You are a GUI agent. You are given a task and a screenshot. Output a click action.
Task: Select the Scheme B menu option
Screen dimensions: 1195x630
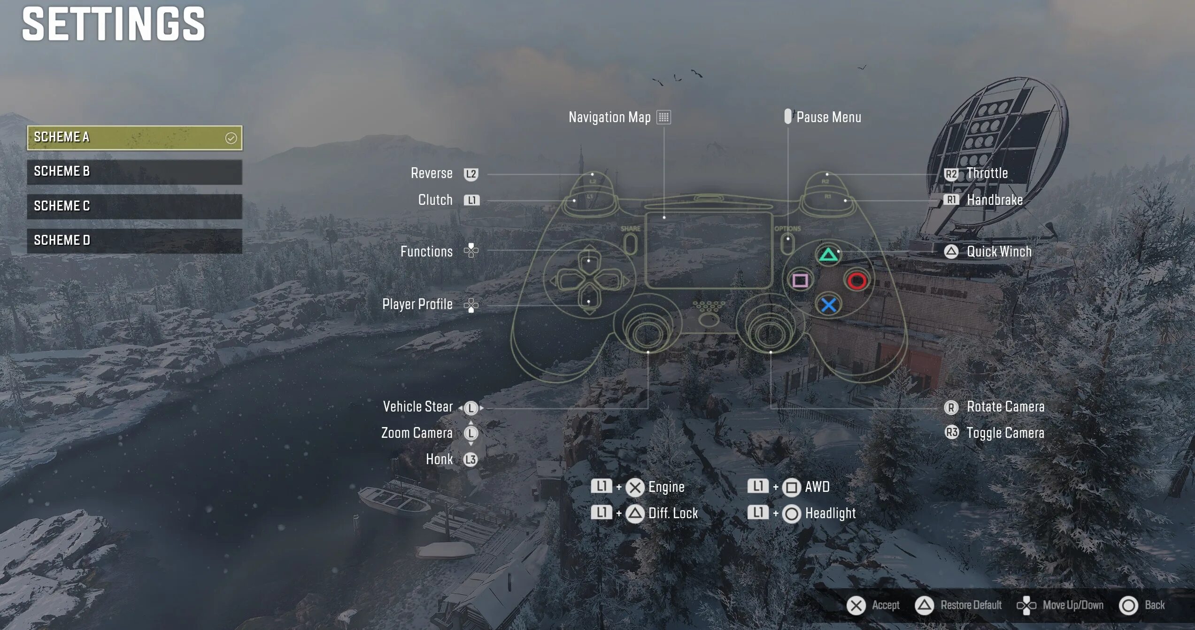[x=134, y=171]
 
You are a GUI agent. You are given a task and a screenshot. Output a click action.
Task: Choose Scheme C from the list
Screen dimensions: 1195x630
[x=134, y=206]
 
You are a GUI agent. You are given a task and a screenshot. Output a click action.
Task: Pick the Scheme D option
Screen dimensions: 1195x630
[x=134, y=241]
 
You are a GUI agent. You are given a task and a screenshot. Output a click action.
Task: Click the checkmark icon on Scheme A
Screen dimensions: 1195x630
[x=231, y=138]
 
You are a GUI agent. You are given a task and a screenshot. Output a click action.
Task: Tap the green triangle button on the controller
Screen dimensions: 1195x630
[x=828, y=255]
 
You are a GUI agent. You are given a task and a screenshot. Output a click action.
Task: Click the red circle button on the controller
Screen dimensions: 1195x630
[x=857, y=281]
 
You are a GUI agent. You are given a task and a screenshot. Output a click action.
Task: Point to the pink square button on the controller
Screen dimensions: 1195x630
[x=800, y=281]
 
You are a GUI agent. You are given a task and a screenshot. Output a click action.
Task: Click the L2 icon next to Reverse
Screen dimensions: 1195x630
[x=471, y=174]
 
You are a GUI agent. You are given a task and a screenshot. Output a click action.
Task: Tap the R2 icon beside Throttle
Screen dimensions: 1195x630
[x=951, y=174]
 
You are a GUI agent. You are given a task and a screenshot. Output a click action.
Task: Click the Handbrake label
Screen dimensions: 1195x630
[x=995, y=200]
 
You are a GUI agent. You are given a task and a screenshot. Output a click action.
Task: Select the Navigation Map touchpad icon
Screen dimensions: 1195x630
[x=663, y=117]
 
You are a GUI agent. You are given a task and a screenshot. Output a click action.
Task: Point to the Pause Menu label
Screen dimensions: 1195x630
[x=829, y=117]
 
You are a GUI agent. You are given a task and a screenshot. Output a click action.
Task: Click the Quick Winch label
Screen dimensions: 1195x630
[x=999, y=252]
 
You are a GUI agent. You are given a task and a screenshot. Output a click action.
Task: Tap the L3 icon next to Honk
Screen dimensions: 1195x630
[x=470, y=459]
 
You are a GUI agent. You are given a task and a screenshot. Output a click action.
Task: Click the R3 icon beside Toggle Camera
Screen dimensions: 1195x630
[x=951, y=432]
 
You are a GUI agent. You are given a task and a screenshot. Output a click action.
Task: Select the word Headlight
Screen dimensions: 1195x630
[x=830, y=513]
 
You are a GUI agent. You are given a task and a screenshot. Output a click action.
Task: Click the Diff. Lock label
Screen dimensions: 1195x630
[x=673, y=513]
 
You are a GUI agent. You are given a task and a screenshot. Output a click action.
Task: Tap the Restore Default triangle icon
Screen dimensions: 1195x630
[x=924, y=606]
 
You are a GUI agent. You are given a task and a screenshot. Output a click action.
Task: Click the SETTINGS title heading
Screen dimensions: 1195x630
[x=114, y=24]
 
